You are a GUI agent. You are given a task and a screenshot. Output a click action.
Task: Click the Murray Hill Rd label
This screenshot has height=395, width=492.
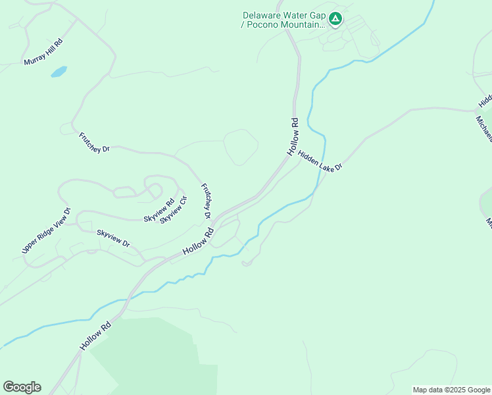43,52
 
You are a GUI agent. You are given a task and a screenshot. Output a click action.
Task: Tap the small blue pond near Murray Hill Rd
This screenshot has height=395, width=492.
59,71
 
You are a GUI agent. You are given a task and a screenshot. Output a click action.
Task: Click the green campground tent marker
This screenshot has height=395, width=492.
335,18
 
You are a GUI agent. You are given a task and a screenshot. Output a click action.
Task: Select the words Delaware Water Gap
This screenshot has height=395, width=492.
283,15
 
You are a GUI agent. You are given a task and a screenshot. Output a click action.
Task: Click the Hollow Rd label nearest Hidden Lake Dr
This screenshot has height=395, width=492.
293,136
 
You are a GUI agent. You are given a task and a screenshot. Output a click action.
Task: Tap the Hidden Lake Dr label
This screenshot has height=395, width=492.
320,161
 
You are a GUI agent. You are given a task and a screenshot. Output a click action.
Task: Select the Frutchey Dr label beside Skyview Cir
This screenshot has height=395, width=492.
205,200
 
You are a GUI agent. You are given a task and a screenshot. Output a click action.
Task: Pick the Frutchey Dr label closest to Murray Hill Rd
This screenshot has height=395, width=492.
94,142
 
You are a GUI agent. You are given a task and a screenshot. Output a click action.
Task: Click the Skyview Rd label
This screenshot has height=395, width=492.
159,209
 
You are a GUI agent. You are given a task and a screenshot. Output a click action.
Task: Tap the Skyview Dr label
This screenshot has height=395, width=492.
113,238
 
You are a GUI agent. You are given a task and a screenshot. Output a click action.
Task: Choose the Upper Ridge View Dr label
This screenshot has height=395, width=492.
45,231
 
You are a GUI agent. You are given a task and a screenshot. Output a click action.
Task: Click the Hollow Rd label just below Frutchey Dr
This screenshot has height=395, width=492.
199,242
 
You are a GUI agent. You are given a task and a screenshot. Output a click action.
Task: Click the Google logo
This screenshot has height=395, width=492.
22,387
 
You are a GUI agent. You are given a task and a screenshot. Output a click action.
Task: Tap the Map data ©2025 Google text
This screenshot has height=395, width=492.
451,390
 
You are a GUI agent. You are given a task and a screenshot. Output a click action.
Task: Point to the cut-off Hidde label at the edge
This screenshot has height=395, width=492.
485,100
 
